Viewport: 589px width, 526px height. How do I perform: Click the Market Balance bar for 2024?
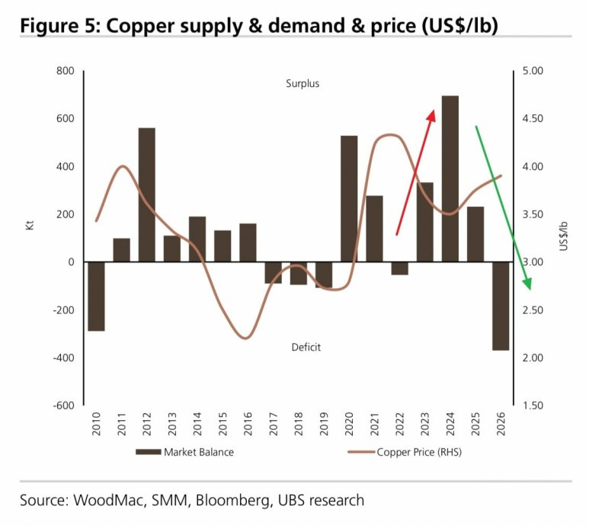tap(450, 178)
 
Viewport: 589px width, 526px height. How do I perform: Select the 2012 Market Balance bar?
tap(147, 194)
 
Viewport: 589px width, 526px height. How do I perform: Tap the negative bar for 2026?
tap(501, 306)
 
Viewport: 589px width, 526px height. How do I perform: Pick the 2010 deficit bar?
tap(96, 297)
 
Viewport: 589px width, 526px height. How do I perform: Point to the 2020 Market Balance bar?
tap(349, 198)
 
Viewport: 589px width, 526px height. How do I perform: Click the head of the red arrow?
tap(431, 113)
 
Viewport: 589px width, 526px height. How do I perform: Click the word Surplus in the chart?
tap(303, 84)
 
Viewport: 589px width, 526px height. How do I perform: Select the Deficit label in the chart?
tap(306, 347)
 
